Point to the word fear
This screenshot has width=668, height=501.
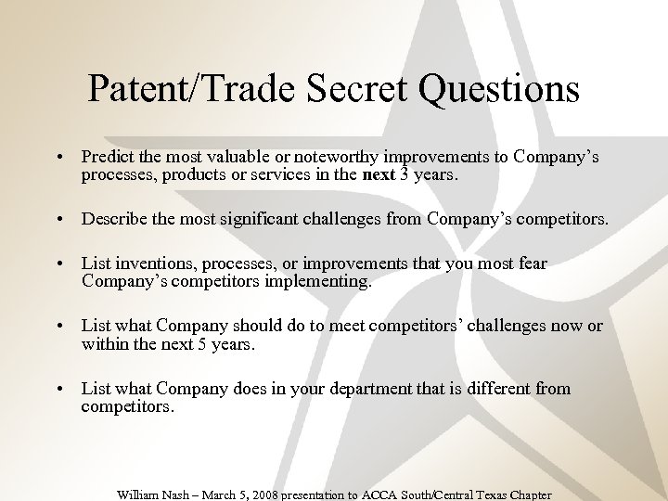(531, 264)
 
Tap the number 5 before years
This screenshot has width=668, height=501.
(190, 343)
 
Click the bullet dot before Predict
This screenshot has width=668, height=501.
(58, 157)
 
